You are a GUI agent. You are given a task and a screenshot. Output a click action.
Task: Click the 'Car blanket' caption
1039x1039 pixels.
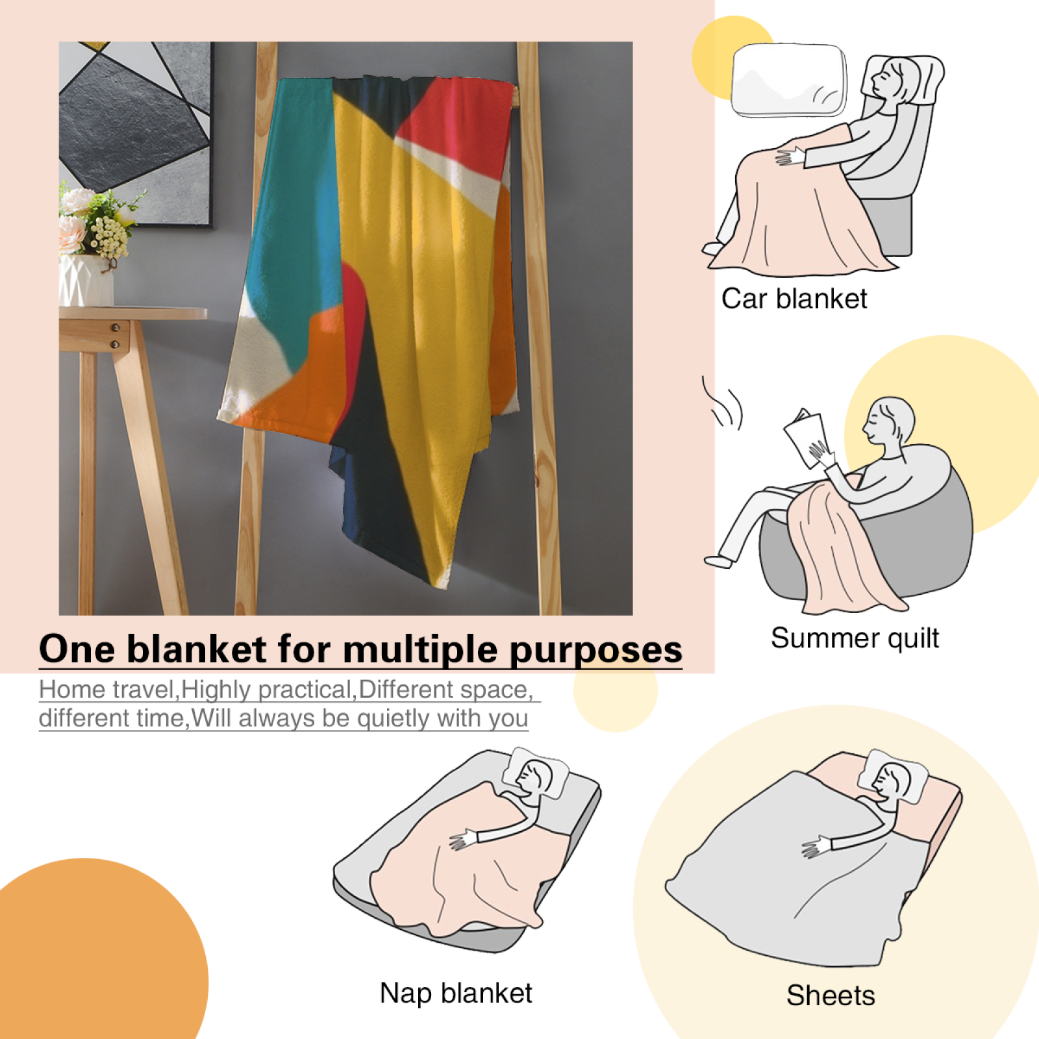[794, 299]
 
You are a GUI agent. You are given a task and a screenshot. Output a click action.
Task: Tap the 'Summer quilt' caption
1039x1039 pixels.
[855, 638]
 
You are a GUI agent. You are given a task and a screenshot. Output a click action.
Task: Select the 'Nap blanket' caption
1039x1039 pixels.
[456, 993]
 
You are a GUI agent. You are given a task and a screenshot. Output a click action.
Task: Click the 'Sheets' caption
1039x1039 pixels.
[831, 995]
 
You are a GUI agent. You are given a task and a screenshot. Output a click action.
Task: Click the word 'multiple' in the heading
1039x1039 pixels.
[421, 649]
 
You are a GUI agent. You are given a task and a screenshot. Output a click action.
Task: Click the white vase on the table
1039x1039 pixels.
[86, 280]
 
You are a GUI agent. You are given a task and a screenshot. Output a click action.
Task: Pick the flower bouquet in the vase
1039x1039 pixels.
[97, 221]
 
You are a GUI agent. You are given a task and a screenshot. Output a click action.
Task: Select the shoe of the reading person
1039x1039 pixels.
[718, 560]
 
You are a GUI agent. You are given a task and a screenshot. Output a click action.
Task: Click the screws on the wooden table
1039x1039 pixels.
[115, 335]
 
